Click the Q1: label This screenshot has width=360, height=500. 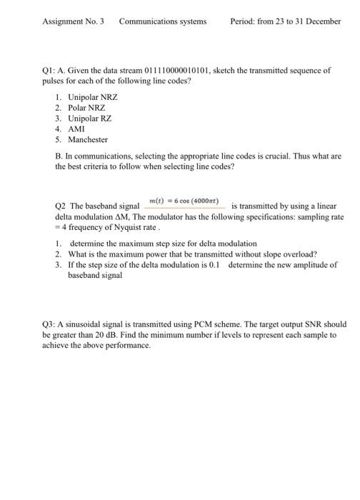coord(49,71)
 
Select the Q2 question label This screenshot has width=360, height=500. coord(60,206)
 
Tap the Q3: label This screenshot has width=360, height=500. coord(49,324)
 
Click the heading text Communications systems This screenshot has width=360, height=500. coord(163,21)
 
